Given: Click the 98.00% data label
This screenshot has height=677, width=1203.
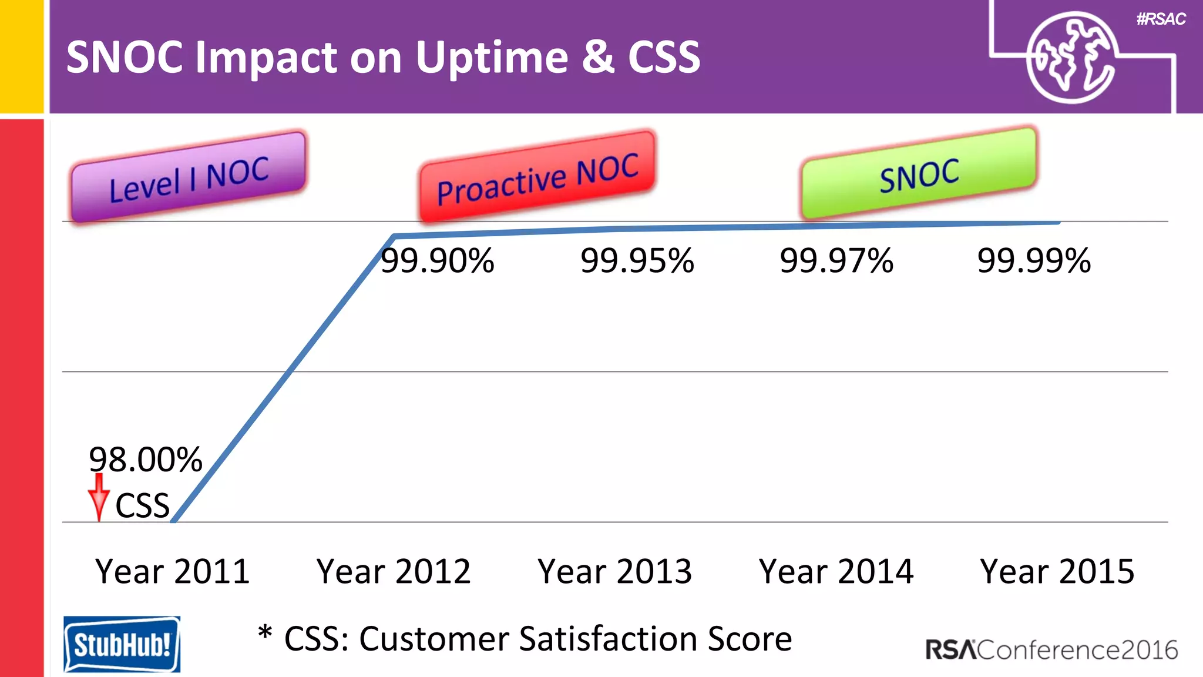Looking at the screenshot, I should (145, 460).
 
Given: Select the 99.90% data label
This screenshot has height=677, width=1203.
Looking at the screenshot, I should (438, 261).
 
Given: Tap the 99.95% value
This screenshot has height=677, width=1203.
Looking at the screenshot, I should (637, 261).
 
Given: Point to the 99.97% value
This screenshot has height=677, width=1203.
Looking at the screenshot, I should (836, 261).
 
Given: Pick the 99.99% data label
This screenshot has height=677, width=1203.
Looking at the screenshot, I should (1034, 261).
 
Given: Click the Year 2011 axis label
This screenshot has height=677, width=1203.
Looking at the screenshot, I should (173, 571).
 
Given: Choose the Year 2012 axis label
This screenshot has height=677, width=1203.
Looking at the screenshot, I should (394, 571).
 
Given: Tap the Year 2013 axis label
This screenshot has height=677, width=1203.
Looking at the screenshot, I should (615, 571).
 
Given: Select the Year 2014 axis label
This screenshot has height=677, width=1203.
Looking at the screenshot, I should (836, 571).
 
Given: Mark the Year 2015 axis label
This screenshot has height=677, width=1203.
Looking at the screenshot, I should (1057, 571).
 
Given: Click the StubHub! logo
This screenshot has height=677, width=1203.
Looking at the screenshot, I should (122, 644).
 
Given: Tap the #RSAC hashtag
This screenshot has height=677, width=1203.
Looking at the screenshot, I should (1161, 19).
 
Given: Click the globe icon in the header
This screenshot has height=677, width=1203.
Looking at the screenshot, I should (1070, 58).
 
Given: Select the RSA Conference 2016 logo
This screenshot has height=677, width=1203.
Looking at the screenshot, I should (1051, 650).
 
